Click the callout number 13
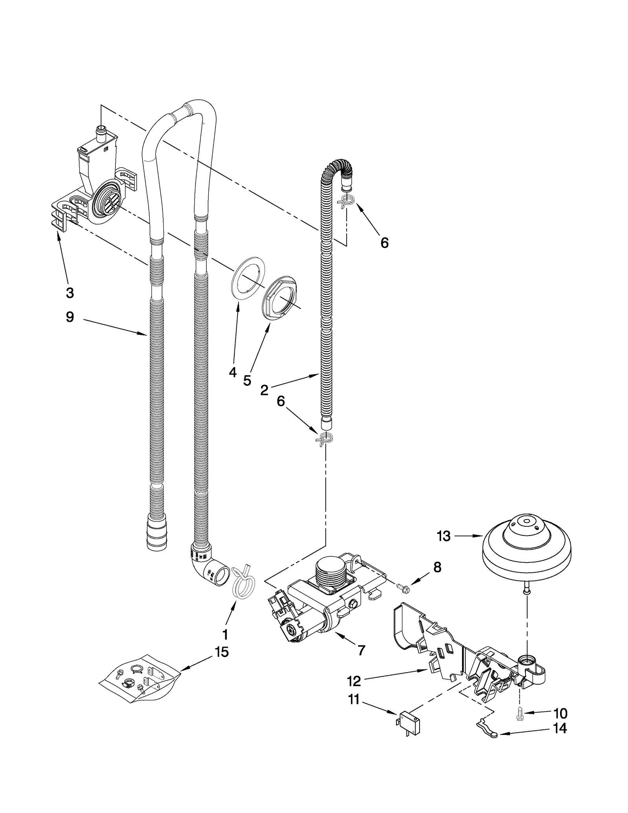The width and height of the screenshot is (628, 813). tap(444, 536)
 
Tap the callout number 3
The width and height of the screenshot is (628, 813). tap(69, 292)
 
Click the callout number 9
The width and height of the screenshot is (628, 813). tap(69, 317)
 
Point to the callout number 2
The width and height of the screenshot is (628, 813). tap(264, 390)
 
